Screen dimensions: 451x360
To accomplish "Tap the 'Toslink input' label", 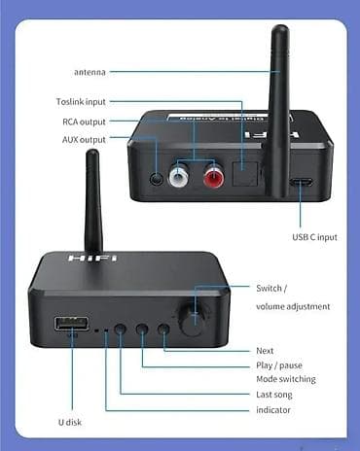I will (x=82, y=101).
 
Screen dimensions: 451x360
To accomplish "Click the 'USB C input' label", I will (x=313, y=236).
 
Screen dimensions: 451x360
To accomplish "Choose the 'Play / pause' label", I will (x=278, y=364).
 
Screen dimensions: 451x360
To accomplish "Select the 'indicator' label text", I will (x=272, y=410).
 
